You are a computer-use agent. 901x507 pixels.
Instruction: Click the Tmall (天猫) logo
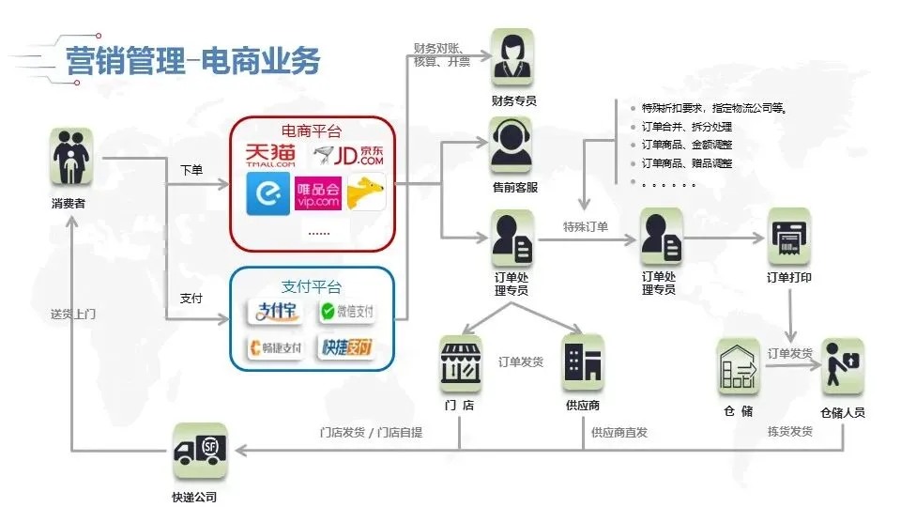[x=269, y=155]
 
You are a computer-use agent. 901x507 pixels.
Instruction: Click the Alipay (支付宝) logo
[x=274, y=311]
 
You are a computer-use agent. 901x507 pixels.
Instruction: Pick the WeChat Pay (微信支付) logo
[x=346, y=311]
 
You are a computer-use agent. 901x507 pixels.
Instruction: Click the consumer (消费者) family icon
[x=71, y=157]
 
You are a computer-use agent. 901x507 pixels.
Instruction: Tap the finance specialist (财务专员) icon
[x=512, y=57]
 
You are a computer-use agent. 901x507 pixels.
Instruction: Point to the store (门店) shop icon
[x=461, y=363]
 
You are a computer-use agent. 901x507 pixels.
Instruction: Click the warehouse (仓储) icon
[x=739, y=368]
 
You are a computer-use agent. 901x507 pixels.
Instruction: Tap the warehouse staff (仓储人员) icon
[x=842, y=368]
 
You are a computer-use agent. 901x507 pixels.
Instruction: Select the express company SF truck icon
[x=200, y=452]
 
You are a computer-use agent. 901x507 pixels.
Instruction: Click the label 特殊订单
[x=586, y=227]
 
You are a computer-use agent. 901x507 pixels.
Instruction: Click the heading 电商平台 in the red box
[x=312, y=130]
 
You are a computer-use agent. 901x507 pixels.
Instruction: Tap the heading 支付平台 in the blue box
[x=312, y=286]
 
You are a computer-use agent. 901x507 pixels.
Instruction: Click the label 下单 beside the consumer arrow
[x=191, y=171]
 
